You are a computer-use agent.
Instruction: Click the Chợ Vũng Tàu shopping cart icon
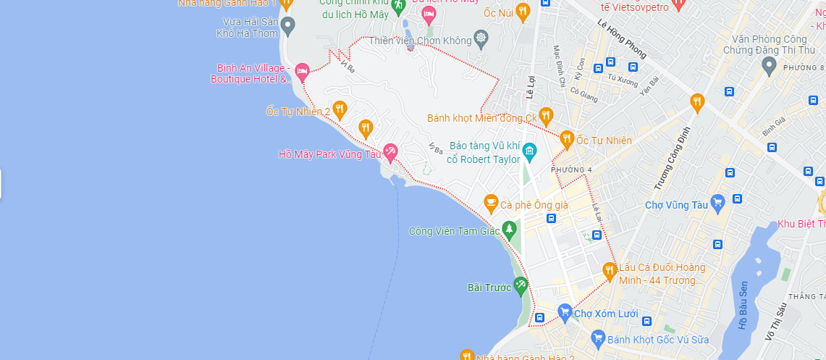tap(717, 202)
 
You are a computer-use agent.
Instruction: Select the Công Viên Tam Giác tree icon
tap(510, 230)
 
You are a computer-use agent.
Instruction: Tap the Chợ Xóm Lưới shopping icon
tap(565, 312)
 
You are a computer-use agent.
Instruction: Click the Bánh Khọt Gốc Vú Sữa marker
tap(598, 338)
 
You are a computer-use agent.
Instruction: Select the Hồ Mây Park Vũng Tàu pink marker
tap(390, 151)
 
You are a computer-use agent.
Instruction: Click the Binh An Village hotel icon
tap(302, 71)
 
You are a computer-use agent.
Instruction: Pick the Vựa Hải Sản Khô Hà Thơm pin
tap(287, 27)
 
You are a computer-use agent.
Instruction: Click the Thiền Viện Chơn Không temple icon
tap(481, 38)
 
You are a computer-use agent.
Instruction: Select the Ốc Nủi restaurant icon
tap(523, 10)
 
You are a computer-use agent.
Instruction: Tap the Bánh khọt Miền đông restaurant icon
tap(546, 115)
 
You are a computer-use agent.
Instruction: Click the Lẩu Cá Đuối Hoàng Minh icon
tap(610, 271)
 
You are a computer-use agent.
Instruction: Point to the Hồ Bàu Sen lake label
tap(743, 306)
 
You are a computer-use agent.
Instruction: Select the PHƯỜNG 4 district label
tap(571, 170)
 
